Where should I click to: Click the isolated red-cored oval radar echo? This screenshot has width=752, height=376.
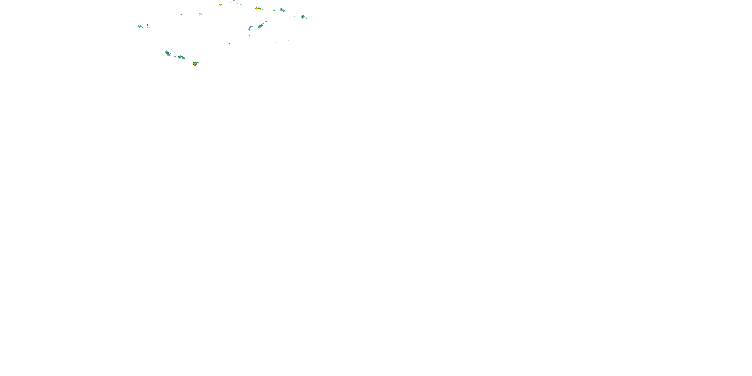tap(220, 4)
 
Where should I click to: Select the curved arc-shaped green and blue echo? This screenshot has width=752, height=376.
tap(250, 28)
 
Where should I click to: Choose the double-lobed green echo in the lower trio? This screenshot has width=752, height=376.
tap(181, 57)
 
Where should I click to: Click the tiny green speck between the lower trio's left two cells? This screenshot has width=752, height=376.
tap(175, 56)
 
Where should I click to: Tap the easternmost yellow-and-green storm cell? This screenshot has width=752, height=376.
tap(303, 17)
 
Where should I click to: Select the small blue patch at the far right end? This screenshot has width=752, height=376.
tap(306, 18)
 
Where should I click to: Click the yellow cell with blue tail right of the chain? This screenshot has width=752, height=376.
tap(282, 10)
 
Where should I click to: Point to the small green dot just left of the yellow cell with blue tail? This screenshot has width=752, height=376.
tap(274, 11)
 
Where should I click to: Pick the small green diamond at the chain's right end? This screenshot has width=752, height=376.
tap(263, 9)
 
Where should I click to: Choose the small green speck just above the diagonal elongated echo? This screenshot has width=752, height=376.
tap(266, 21)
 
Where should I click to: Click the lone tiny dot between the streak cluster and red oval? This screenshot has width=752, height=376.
tap(181, 14)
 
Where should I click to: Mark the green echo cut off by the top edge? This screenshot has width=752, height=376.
tap(233, 1)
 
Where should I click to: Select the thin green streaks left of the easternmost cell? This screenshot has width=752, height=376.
tap(295, 16)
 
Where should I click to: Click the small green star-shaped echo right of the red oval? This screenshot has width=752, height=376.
tap(241, 4)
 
